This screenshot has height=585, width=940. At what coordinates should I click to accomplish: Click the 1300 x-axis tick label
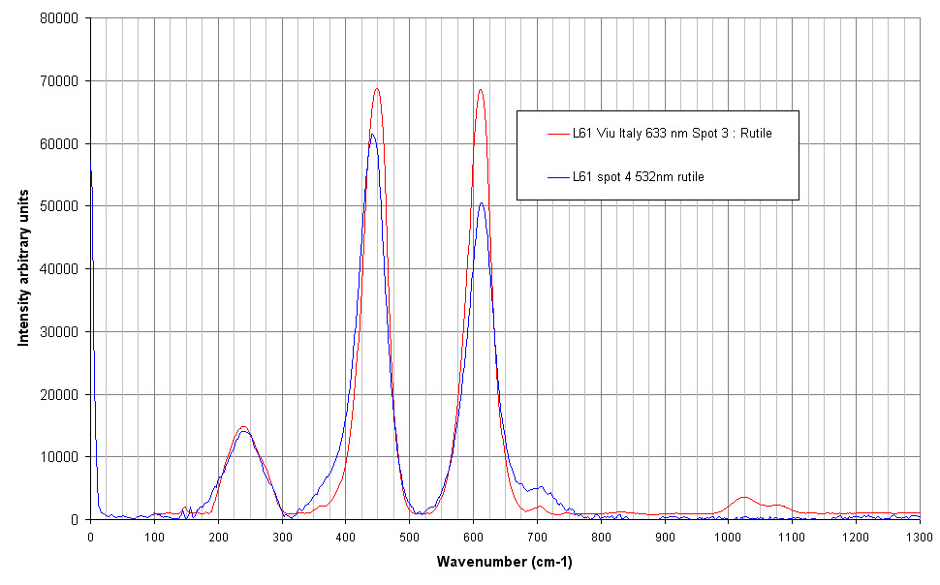click(919, 536)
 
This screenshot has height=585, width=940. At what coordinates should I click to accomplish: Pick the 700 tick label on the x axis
click(537, 536)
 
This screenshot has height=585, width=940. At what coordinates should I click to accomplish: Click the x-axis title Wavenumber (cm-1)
click(504, 561)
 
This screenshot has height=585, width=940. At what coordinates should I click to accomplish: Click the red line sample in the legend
click(557, 133)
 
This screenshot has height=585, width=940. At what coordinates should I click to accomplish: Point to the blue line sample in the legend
click(557, 177)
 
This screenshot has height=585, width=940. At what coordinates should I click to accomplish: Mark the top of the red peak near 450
click(377, 89)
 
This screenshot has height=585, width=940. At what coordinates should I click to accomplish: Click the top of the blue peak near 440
click(372, 135)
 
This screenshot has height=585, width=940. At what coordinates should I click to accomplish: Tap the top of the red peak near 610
click(480, 90)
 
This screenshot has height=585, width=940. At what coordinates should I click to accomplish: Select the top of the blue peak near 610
click(481, 203)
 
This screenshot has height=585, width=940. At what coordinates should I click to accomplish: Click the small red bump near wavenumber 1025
click(743, 497)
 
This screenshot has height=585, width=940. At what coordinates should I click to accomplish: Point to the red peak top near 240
click(243, 427)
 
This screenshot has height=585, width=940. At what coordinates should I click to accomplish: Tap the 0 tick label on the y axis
click(79, 520)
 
